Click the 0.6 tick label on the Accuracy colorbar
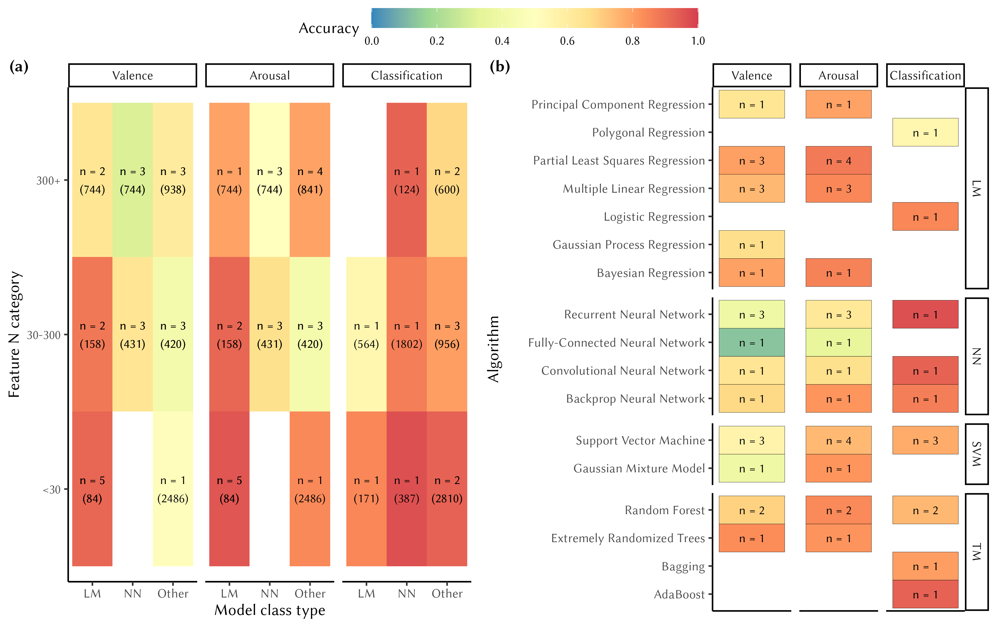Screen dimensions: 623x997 tap(567, 41)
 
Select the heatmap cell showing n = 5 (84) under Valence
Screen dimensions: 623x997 tap(92, 489)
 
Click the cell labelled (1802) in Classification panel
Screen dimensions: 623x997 tap(407, 334)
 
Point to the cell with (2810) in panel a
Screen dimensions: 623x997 tap(447, 489)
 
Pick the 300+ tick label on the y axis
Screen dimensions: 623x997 tap(48, 181)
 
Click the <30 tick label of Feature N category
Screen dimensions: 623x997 tap(52, 490)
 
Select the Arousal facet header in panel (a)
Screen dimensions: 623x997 tap(269, 75)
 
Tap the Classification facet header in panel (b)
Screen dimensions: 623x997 tap(925, 75)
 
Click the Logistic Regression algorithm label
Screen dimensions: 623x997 tap(654, 217)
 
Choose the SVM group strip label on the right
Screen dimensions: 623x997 tap(977, 454)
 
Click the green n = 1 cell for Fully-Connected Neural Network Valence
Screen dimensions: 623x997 tap(751, 343)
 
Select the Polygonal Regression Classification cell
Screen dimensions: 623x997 tap(925, 133)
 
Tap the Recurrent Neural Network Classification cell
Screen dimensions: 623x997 tap(925, 314)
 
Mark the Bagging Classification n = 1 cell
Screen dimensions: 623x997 tap(925, 566)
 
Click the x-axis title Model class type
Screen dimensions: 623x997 tap(270, 610)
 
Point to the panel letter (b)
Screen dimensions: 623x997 tap(499, 66)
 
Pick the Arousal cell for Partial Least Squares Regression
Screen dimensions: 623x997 tap(838, 161)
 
